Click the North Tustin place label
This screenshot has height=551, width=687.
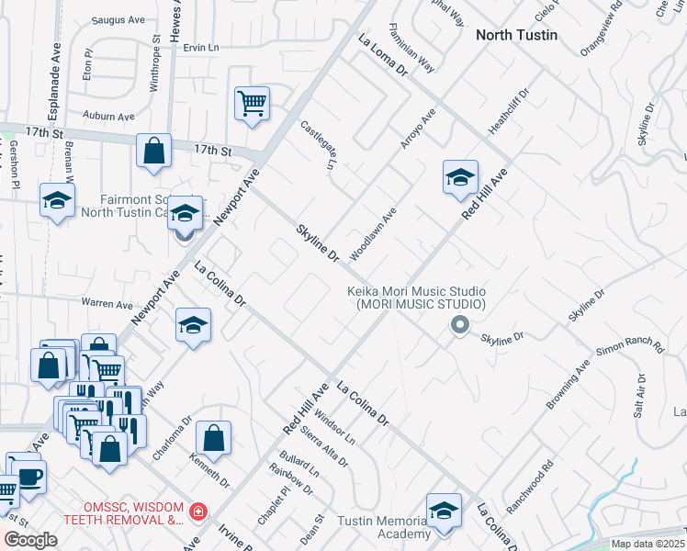[515, 35]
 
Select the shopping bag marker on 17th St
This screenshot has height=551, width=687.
[154, 152]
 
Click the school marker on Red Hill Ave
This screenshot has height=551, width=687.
[460, 177]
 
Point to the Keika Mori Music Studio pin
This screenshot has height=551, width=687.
[460, 324]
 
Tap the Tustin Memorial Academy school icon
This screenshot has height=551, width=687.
[444, 512]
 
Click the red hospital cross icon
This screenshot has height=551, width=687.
[197, 511]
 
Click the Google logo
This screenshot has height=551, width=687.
[31, 540]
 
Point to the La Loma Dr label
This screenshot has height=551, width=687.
[382, 54]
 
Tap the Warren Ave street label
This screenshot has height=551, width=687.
[107, 303]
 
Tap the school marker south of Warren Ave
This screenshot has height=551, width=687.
[193, 325]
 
